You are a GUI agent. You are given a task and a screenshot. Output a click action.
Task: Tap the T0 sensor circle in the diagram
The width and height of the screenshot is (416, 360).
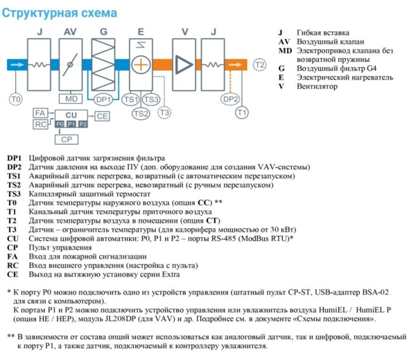click(16, 99)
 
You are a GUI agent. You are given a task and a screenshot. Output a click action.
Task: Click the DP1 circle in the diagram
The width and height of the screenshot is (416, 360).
click(103, 99)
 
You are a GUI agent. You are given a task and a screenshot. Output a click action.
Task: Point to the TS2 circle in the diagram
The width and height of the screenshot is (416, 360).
click(141, 113)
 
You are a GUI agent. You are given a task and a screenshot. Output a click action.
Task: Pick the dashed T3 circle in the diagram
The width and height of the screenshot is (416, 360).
click(165, 112)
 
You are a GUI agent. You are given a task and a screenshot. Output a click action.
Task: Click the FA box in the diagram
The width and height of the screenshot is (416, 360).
click(40, 113)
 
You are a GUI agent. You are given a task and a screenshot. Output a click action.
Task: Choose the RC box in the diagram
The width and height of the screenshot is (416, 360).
click(40, 124)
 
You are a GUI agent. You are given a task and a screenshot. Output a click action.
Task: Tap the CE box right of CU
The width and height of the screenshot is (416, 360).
click(102, 116)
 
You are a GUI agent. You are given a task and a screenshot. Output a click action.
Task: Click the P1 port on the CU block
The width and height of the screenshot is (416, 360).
click(71, 124)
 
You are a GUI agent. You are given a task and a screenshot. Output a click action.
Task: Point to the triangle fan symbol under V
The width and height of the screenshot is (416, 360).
click(186, 64)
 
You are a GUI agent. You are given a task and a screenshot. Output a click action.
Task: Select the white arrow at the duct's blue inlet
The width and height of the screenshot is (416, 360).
click(18, 64)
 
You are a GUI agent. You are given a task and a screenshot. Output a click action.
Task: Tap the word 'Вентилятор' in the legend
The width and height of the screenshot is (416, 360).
click(317, 86)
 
